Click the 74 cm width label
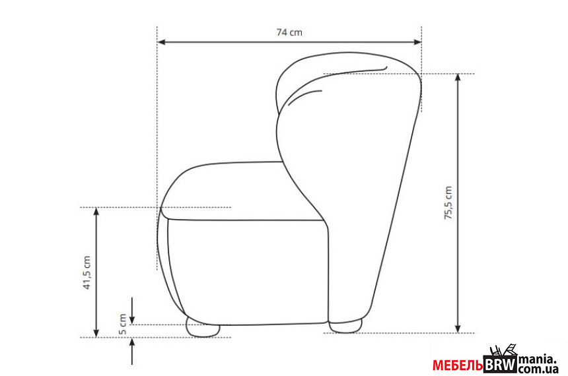coord(289,32)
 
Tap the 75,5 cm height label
coord(448,203)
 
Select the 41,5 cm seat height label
coord(87,272)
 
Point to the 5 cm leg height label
coord(123,324)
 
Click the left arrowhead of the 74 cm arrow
coord(162,42)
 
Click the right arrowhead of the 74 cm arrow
coord(417,42)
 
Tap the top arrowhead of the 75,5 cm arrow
coord(458,78)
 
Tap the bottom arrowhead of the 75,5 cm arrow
coord(458,329)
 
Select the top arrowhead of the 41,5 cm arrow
coord(96,212)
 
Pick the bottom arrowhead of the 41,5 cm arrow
coord(96,333)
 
